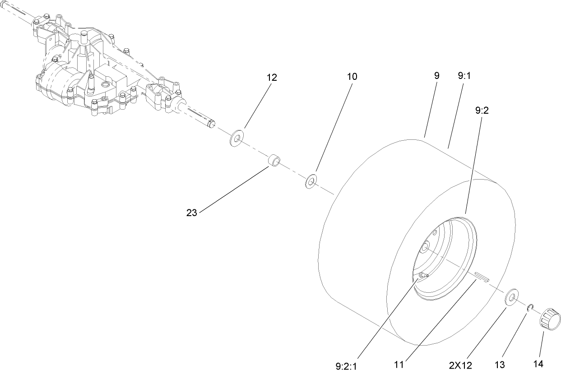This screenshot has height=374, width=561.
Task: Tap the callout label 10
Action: coord(352,77)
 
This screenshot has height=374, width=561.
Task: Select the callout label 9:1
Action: coord(464,76)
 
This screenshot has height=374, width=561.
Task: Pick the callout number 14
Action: coord(538,364)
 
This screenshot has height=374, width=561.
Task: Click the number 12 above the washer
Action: coord(271,77)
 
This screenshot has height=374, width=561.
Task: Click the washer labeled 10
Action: coord(311,181)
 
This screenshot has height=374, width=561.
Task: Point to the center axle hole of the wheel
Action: coord(425,247)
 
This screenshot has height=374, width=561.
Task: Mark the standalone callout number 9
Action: coord(436,76)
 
